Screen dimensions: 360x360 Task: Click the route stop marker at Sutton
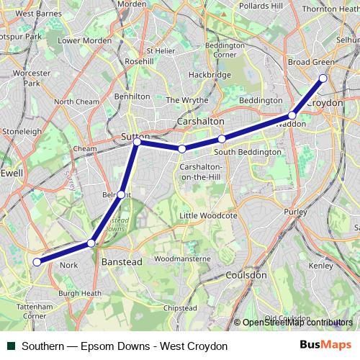coord(137,142)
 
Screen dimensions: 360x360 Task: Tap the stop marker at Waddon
coord(292,115)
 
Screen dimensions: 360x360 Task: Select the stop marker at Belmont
coord(121,194)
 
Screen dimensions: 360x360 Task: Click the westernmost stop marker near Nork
coord(37,262)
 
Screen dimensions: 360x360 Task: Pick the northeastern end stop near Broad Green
coord(323,78)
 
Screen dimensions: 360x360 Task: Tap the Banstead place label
coord(122,262)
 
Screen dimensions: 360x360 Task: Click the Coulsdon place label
coord(246,274)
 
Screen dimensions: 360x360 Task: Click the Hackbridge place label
coord(209,75)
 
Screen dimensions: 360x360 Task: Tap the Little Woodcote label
coord(208,215)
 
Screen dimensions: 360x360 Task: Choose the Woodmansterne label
coord(182,258)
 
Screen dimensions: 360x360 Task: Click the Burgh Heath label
coord(80,293)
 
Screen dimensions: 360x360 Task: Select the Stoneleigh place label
coord(22,132)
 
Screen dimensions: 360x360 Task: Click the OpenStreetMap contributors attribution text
coord(297,323)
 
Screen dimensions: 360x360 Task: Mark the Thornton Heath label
coord(329,9)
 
